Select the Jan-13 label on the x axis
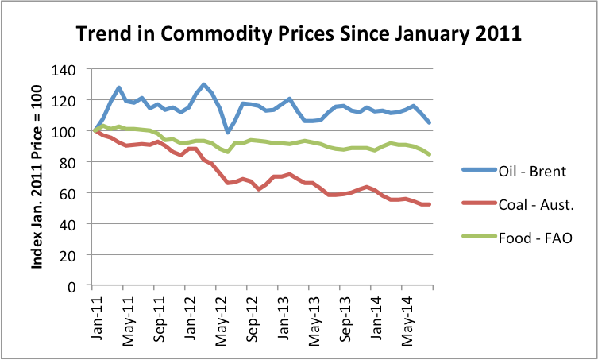pos(281,315)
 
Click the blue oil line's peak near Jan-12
pos(204,84)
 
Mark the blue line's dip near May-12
pos(227,132)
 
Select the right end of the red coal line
pos(430,205)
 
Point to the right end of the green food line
pos(430,154)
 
